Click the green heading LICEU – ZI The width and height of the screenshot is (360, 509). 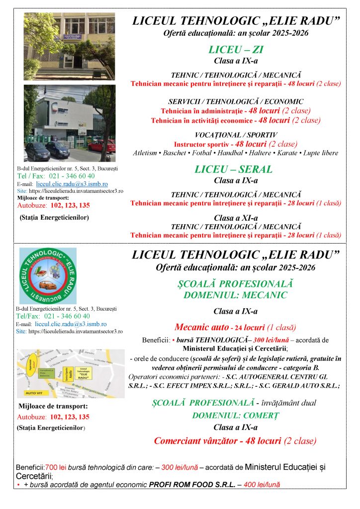pyautogui.click(x=236, y=50)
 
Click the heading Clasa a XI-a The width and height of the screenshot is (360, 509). pyautogui.click(x=236, y=218)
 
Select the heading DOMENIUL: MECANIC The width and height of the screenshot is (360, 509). pyautogui.click(x=236, y=295)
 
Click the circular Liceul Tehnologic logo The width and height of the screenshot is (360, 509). pyautogui.click(x=48, y=275)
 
